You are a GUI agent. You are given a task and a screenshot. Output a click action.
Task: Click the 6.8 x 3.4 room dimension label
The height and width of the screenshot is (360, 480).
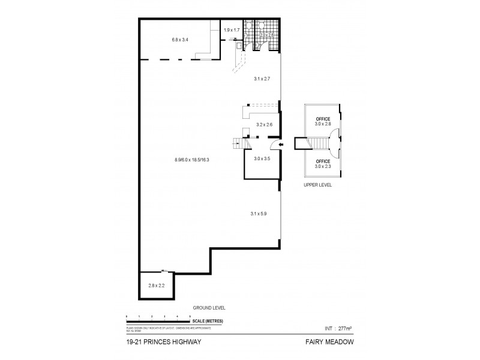tap(180, 40)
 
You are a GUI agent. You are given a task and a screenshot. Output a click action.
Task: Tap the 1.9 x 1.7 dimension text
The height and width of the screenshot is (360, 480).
tap(232, 29)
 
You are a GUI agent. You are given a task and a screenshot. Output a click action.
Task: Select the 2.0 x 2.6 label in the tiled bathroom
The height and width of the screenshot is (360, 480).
tap(266, 35)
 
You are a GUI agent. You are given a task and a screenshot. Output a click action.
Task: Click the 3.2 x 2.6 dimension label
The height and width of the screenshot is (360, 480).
tap(264, 125)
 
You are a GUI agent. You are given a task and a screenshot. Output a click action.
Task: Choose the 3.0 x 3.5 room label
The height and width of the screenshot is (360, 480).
tap(262, 159)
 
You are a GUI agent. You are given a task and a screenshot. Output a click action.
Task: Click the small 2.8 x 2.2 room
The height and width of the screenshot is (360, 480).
tap(157, 285)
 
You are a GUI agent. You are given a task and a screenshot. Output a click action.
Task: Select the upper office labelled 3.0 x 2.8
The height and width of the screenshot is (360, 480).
tap(324, 122)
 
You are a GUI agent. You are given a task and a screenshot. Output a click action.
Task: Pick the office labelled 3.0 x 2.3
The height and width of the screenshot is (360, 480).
tap(324, 164)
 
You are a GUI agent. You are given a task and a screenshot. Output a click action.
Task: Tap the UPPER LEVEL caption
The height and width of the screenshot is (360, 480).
tap(318, 185)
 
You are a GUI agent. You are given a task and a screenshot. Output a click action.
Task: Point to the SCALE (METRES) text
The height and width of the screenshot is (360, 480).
tap(209, 322)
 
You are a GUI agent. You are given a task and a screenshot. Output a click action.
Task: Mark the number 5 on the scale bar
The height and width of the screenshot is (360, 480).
tap(190, 316)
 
